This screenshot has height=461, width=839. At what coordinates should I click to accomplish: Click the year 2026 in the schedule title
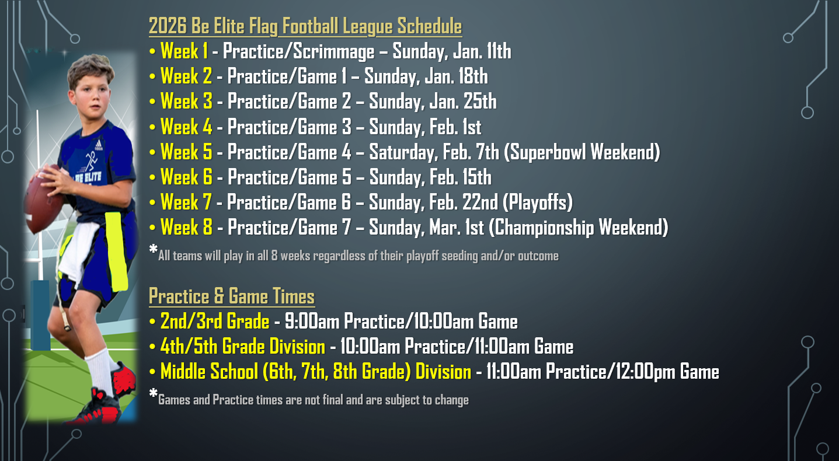click(168, 26)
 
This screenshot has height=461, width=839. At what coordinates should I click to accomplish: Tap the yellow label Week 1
click(184, 51)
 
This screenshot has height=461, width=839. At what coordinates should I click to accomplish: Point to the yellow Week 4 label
click(186, 127)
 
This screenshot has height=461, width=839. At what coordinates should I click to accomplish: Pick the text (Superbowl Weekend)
click(582, 152)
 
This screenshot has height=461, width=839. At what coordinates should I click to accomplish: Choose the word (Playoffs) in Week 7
click(537, 202)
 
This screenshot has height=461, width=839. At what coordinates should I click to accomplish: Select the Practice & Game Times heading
click(232, 296)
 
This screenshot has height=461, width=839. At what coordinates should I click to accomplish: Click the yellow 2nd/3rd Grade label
click(215, 322)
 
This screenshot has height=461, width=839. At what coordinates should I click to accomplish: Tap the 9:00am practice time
click(312, 322)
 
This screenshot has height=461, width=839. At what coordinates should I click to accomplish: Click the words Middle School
click(209, 372)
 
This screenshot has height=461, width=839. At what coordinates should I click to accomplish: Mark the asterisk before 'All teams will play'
click(153, 249)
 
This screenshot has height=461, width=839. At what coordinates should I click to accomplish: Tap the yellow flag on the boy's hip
click(116, 252)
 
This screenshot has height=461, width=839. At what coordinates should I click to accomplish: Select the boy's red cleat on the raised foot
click(124, 378)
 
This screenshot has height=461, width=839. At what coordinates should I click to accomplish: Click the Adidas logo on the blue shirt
click(99, 145)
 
